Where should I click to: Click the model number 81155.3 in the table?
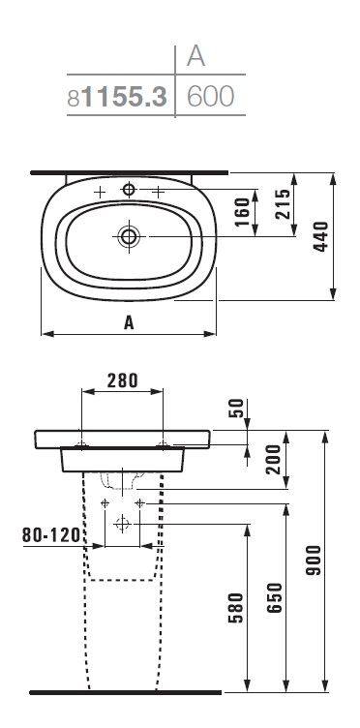pyautogui.click(x=117, y=97)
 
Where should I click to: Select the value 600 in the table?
pyautogui.click(x=210, y=97)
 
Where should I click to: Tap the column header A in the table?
pyautogui.click(x=195, y=56)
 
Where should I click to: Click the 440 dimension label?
pyautogui.click(x=320, y=237)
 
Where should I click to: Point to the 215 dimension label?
pyautogui.click(x=283, y=204)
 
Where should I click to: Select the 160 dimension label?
pyautogui.click(x=242, y=212)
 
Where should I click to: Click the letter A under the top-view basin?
pyautogui.click(x=129, y=321)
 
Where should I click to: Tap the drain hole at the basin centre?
pyautogui.click(x=129, y=237)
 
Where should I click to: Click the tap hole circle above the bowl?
pyautogui.click(x=129, y=189)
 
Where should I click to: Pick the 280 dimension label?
pyautogui.click(x=123, y=380)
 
